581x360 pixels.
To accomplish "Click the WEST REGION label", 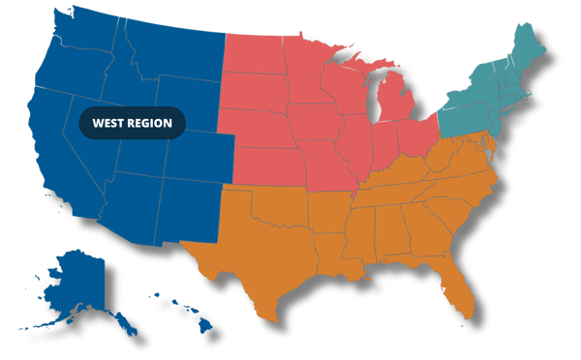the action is [x=133, y=123].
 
